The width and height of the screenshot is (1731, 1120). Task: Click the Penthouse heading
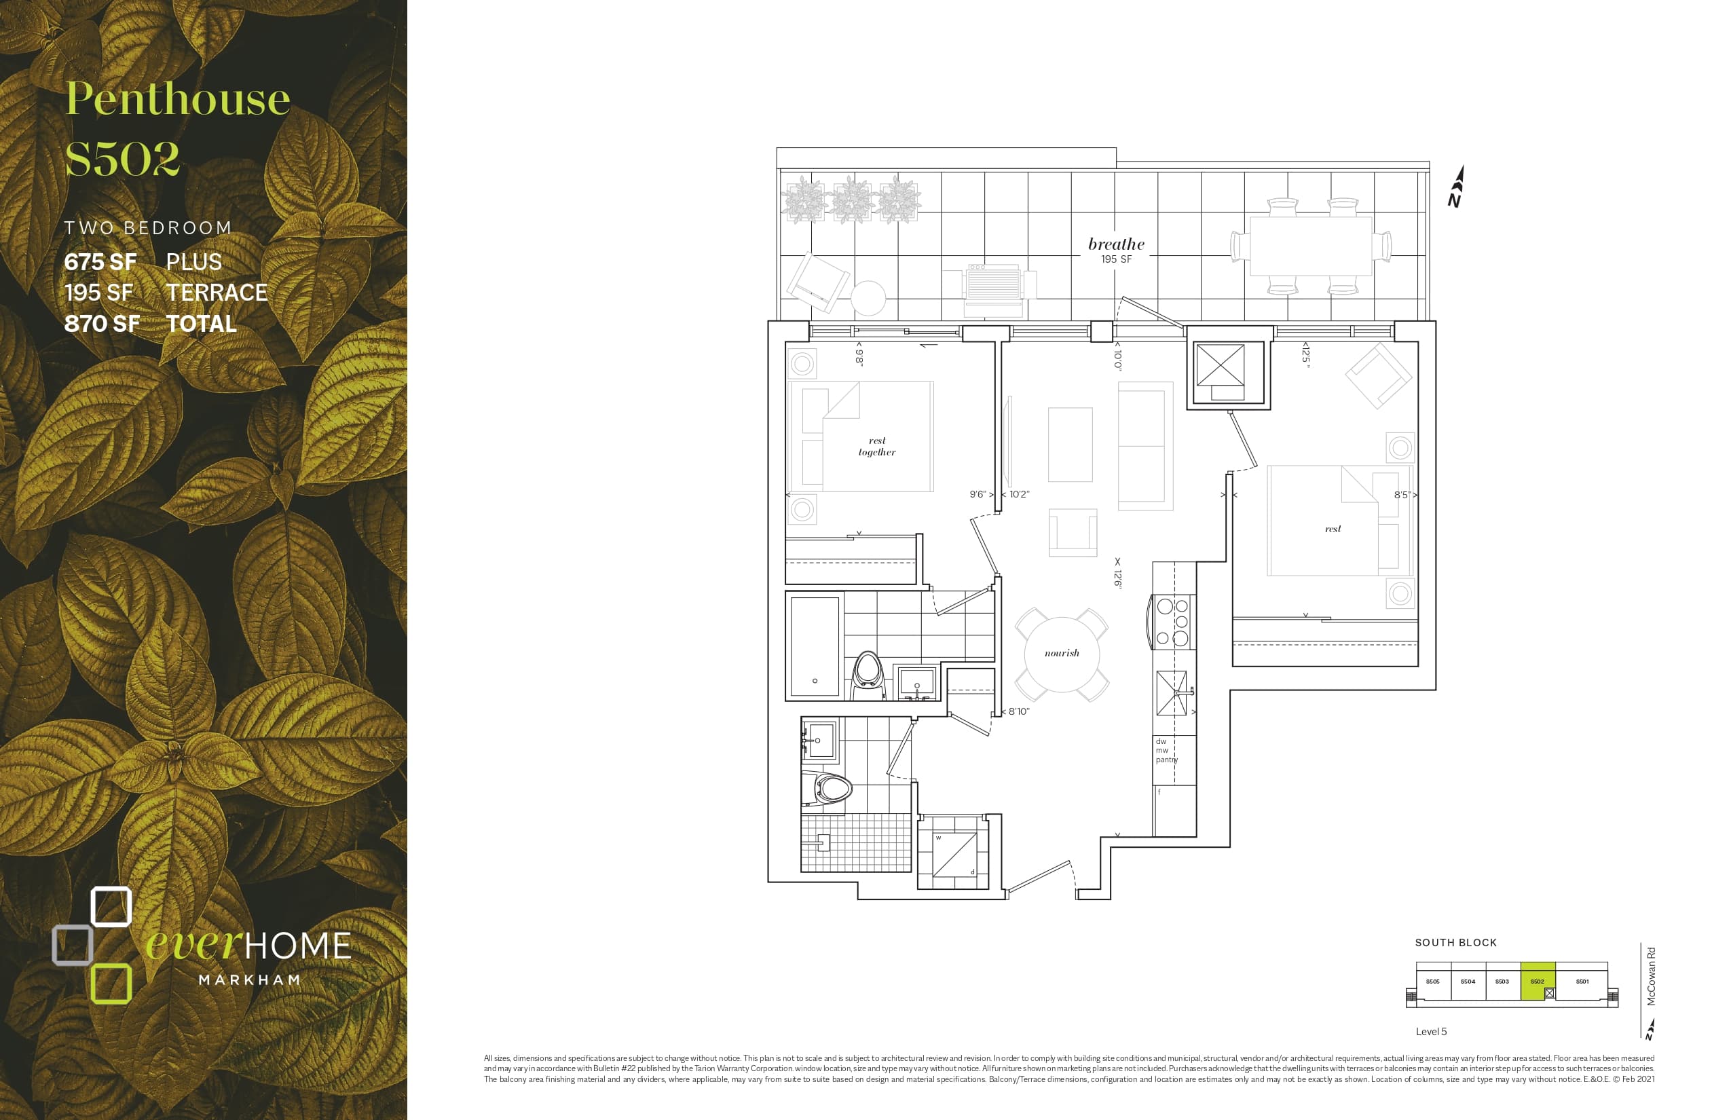click(x=177, y=99)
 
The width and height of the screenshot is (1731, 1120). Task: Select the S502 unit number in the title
click(x=122, y=159)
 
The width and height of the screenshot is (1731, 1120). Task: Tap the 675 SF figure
click(x=100, y=262)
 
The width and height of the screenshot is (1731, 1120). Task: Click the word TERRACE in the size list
click(x=217, y=293)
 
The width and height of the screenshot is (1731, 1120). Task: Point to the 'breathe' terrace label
click(x=1116, y=244)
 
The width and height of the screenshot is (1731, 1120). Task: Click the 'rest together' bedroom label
click(x=876, y=446)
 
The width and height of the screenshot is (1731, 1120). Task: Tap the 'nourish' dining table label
click(x=1061, y=653)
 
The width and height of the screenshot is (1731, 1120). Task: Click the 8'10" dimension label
click(x=1018, y=711)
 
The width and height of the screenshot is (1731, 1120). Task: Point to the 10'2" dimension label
click(x=1019, y=495)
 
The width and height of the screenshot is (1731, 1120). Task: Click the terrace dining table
click(x=1310, y=246)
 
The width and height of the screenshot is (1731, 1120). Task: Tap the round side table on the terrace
click(x=868, y=297)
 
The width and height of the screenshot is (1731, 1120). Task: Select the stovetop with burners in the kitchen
click(x=1172, y=622)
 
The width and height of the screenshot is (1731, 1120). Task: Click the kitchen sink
click(x=1171, y=693)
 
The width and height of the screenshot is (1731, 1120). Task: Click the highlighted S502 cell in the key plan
click(x=1537, y=982)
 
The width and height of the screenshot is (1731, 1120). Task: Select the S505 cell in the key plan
click(x=1432, y=982)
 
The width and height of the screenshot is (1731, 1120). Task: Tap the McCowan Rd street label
click(x=1651, y=976)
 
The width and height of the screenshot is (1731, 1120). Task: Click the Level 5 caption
click(x=1431, y=1031)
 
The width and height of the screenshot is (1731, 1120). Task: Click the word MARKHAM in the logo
click(x=250, y=980)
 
